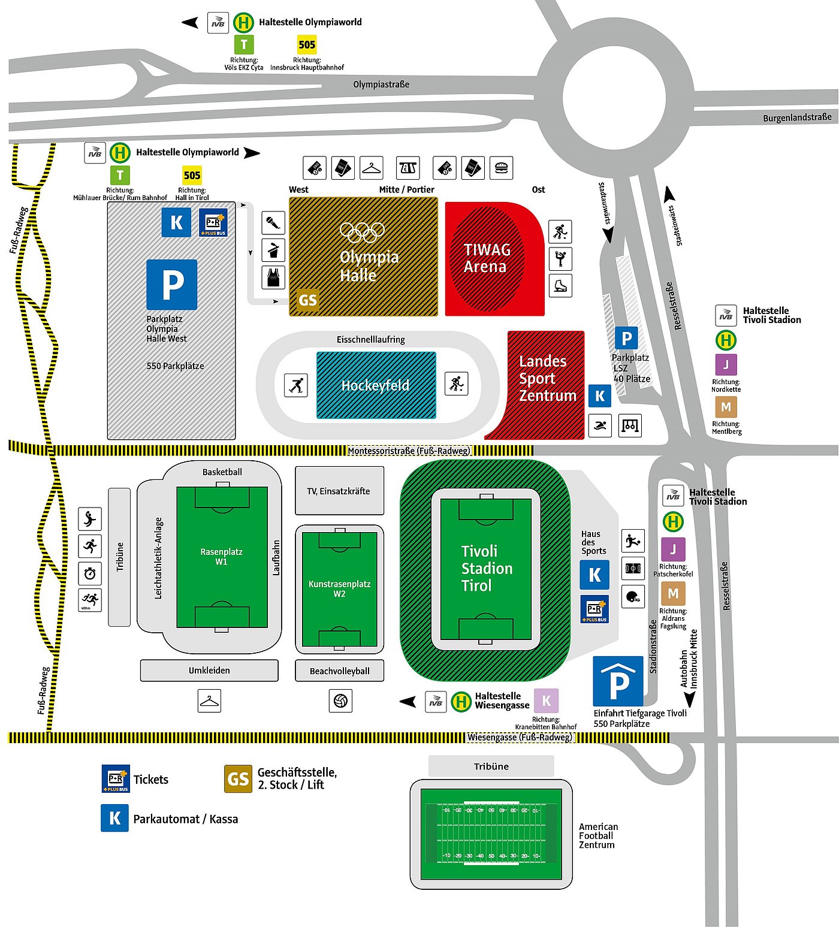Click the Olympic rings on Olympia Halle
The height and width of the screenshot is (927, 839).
pos(362,232)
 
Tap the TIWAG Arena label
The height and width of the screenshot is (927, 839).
pos(487,258)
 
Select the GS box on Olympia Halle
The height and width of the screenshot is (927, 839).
pos(307,300)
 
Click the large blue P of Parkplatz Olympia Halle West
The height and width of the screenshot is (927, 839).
pos(172,285)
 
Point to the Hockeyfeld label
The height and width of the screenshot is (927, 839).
pos(375,385)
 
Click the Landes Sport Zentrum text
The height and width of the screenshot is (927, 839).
pos(547,378)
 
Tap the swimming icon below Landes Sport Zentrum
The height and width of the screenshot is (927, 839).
pos(600,425)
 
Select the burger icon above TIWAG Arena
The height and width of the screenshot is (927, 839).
pos(502,168)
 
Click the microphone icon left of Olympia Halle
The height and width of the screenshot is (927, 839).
pos(273,223)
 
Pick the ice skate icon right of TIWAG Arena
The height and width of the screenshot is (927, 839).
pos(560,285)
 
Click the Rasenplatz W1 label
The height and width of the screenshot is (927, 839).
pos(221,557)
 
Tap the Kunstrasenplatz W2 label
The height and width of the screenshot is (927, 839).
pos(339,588)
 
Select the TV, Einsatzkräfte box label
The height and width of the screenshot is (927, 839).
pos(339,491)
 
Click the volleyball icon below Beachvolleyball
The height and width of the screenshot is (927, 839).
pos(340,700)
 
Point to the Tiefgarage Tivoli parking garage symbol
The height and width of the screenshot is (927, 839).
pos(618,681)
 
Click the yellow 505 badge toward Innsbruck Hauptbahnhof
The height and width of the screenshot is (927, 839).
pos(307,44)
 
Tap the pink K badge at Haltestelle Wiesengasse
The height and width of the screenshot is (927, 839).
pos(546,700)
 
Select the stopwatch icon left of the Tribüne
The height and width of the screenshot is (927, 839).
pos(90,573)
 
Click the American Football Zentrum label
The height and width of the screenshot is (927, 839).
pos(597,835)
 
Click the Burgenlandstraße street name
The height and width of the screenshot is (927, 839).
pos(796,117)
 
